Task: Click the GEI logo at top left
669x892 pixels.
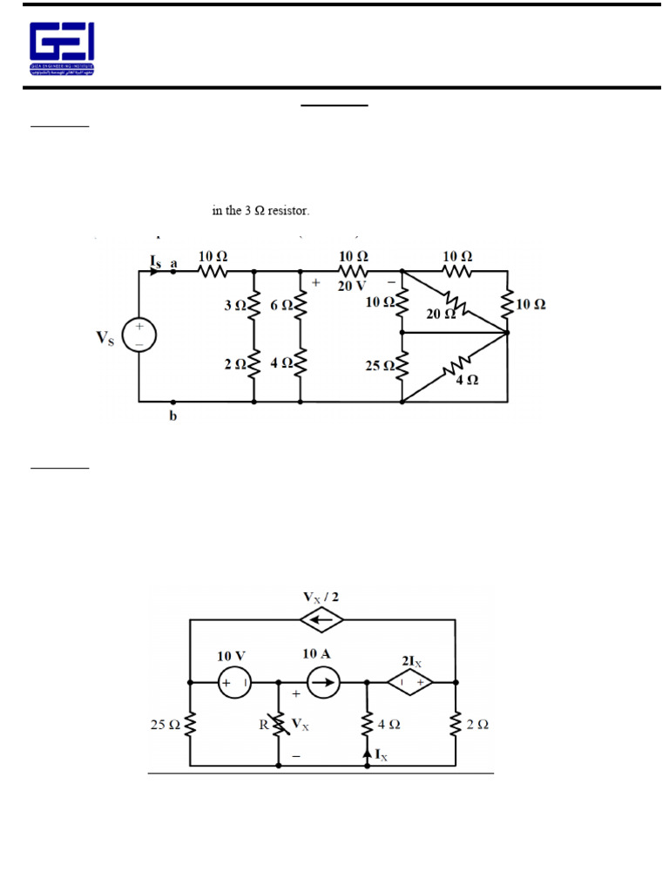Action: (x=62, y=48)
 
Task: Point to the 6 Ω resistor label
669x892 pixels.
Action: (x=281, y=306)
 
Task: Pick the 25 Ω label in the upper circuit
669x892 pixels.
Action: (x=381, y=367)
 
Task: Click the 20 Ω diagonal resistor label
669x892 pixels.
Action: (x=440, y=314)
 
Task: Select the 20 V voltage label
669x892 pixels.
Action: (x=353, y=285)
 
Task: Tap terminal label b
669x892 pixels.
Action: (x=172, y=416)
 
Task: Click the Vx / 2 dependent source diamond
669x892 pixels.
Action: (x=321, y=619)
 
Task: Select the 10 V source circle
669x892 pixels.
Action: (x=234, y=685)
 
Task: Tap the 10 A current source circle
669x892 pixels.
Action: (x=321, y=685)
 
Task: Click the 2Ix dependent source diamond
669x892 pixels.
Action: (x=410, y=685)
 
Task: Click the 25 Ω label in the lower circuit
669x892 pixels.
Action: (x=166, y=724)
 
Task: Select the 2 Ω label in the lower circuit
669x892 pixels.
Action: (x=477, y=724)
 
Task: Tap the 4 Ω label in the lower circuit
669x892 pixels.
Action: (x=389, y=724)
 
